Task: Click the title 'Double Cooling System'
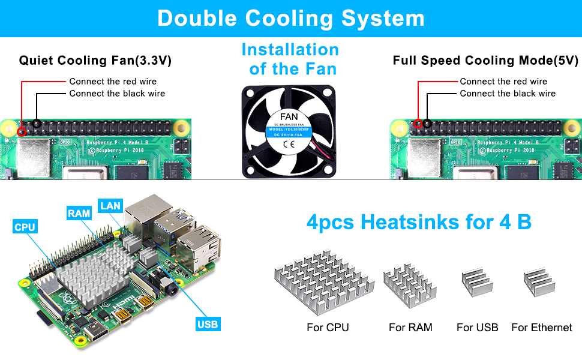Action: (x=291, y=18)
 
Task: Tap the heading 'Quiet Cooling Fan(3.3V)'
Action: (x=95, y=61)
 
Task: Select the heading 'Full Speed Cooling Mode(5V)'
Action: (x=485, y=61)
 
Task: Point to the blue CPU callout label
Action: (x=25, y=227)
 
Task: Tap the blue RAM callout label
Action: (x=79, y=213)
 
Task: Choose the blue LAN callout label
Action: (x=110, y=206)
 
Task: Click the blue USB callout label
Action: (x=208, y=325)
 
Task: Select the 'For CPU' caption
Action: (x=327, y=328)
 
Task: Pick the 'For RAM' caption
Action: (x=410, y=328)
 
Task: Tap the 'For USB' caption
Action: (x=477, y=328)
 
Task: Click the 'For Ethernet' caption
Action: (x=542, y=328)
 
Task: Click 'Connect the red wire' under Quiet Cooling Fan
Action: (x=113, y=81)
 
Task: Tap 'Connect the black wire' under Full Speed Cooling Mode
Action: (x=508, y=94)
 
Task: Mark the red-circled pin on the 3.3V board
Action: (x=22, y=131)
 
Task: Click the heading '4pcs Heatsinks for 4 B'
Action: (x=419, y=223)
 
